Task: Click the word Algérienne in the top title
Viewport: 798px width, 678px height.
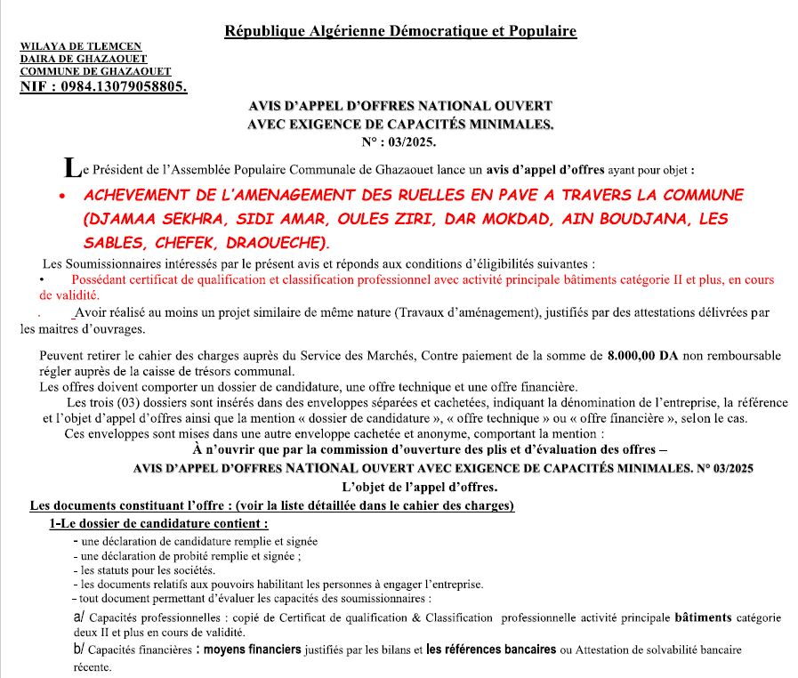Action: (x=340, y=31)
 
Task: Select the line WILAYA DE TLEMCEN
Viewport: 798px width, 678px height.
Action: (x=80, y=46)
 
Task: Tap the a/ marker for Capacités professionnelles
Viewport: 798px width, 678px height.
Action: (x=78, y=617)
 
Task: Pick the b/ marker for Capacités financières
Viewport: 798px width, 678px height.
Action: (x=78, y=650)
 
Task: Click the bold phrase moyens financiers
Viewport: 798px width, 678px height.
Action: (x=253, y=650)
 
